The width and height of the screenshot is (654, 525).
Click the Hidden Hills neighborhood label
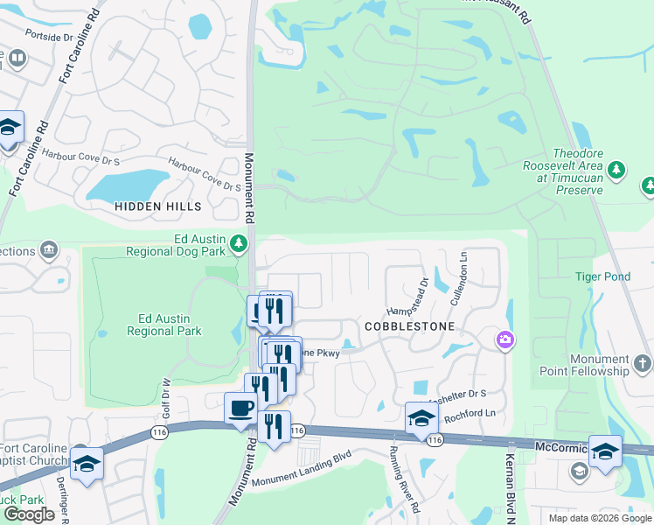(157, 206)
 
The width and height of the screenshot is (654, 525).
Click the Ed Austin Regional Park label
(164, 325)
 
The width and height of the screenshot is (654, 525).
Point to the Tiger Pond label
(602, 276)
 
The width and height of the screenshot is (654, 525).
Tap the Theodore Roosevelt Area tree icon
(617, 169)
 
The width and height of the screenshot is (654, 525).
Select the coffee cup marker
(240, 407)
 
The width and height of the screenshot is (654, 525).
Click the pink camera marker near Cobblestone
(504, 339)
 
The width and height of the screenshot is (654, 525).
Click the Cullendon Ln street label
(456, 275)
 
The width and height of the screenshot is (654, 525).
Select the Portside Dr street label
(50, 37)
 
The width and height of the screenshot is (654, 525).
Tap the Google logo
(29, 514)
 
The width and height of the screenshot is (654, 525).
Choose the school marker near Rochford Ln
(421, 416)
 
